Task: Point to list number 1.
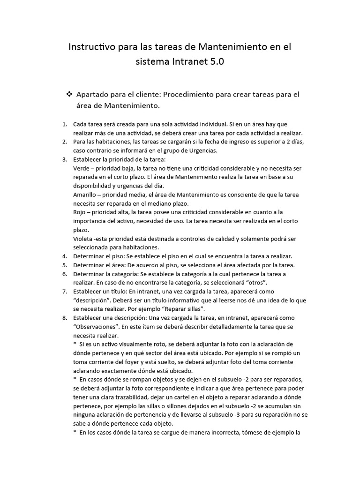64,124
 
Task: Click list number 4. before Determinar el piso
64,256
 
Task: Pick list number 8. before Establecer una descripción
64,318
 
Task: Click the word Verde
82,168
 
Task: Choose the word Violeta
83,239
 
